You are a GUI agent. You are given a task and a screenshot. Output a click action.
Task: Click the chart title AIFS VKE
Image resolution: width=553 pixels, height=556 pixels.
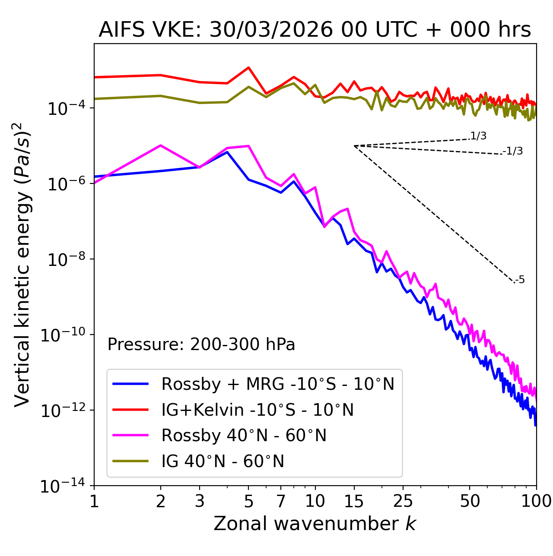tap(315, 30)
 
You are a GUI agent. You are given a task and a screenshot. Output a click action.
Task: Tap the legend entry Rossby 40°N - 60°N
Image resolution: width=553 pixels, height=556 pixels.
tap(244, 436)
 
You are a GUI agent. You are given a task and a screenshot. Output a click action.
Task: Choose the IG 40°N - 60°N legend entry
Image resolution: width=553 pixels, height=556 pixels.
tap(222, 461)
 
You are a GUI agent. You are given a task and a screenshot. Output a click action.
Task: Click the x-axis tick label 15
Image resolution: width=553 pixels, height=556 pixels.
tap(354, 501)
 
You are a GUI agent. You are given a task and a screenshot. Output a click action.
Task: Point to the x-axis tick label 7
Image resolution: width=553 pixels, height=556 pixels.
tap(281, 501)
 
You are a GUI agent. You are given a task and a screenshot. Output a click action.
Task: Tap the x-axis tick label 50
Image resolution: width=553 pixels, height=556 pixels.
tap(470, 501)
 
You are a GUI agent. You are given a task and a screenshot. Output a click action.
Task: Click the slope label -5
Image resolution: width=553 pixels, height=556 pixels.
tap(520, 280)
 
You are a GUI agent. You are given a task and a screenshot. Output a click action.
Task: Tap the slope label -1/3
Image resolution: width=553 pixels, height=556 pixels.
tap(513, 151)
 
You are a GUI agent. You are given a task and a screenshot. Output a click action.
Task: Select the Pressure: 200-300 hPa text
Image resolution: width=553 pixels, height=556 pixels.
tap(201, 344)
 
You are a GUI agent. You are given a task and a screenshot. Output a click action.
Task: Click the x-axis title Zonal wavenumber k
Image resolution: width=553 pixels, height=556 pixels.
tap(315, 524)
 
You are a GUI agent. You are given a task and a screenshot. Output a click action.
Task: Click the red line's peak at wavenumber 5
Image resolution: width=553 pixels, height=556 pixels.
tap(248, 67)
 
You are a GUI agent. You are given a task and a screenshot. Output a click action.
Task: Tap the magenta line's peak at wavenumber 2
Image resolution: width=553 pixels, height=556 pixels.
tap(161, 145)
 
